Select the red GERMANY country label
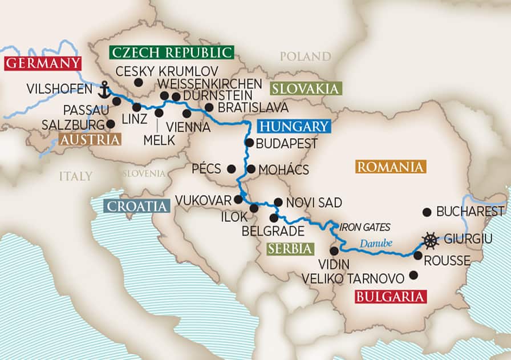click(42, 63)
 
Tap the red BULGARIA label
click(391, 297)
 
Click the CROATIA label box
click(136, 207)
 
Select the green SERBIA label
click(291, 248)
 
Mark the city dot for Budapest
click(249, 143)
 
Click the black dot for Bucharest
click(427, 212)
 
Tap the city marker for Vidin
click(334, 250)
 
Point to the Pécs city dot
click(231, 169)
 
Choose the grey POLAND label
click(305, 56)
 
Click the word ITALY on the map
click(75, 176)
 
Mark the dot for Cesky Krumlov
click(138, 83)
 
